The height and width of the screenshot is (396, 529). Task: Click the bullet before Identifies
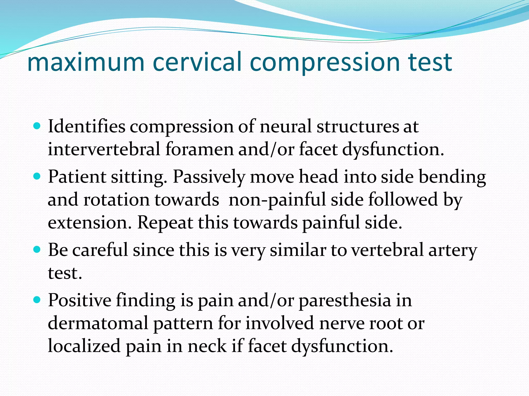37,126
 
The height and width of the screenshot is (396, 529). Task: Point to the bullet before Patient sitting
37,176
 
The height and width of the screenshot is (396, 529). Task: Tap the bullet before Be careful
37,249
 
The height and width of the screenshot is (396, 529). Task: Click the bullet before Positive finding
37,300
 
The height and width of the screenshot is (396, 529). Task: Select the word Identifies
87,127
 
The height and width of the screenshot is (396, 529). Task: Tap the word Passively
209,177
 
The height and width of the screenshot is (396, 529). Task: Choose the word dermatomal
98,323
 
